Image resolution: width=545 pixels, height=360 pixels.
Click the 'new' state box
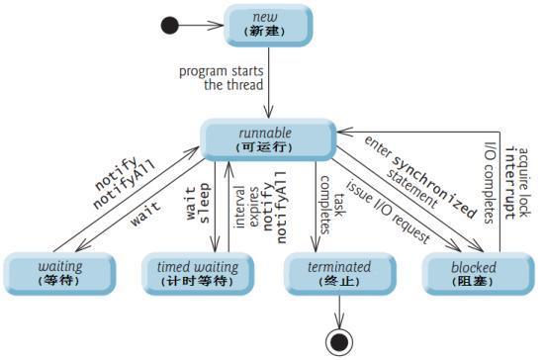pos(264,23)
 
